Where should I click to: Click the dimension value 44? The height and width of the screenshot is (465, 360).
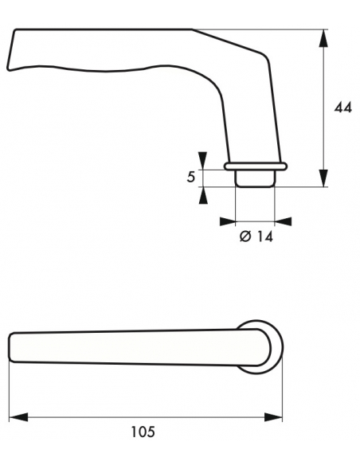coord(342,107)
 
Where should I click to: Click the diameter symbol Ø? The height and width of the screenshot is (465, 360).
coord(245,236)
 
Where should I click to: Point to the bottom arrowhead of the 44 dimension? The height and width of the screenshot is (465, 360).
coord(324,179)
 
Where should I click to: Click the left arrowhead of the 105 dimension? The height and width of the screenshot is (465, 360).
coord(18,416)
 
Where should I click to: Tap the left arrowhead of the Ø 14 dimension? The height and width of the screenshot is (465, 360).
coord(227,221)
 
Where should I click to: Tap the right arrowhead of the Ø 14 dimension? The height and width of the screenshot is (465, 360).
coord(283,221)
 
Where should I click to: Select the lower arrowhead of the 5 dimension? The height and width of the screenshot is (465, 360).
coord(202,195)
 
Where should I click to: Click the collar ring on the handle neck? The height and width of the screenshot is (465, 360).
coord(255,166)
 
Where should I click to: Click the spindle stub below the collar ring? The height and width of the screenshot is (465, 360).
coord(255,178)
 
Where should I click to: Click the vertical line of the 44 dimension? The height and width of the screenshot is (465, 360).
coord(324,107)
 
